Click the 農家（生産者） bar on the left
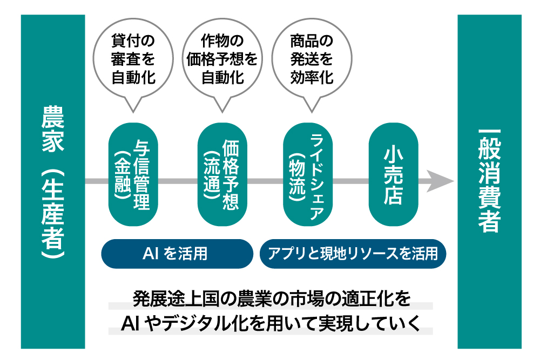[x=53, y=181]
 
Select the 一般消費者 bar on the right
[x=489, y=181]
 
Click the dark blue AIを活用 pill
[x=177, y=254]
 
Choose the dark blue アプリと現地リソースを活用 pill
[x=353, y=254]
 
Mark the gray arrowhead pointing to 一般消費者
[x=442, y=181]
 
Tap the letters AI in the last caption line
[x=131, y=323]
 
